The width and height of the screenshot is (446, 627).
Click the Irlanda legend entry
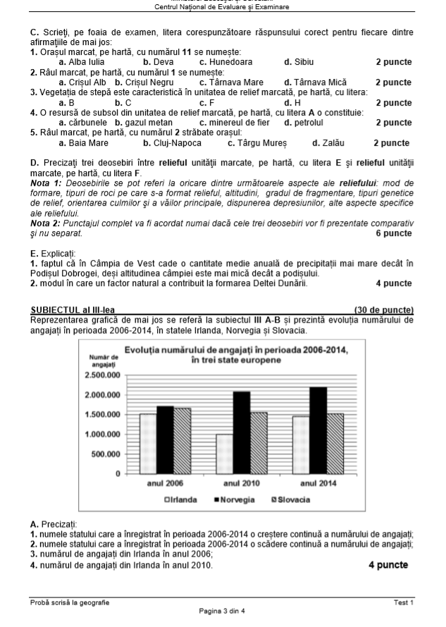tap(182, 499)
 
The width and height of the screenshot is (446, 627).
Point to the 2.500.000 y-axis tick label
tap(102, 375)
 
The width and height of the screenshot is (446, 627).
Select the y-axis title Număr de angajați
tap(104, 361)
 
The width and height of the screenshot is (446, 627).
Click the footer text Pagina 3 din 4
tap(223, 611)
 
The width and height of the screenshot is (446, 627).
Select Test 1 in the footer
tap(404, 602)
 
